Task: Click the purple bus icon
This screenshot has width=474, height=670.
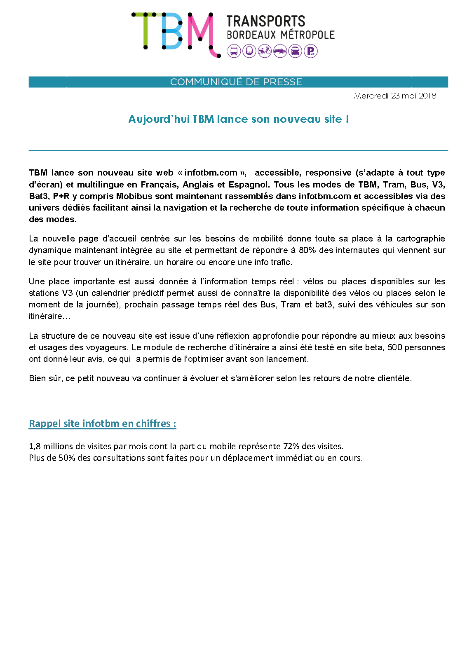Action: (x=234, y=52)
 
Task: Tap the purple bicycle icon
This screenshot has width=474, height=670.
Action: (x=265, y=52)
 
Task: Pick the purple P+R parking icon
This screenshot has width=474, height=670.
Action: (x=310, y=52)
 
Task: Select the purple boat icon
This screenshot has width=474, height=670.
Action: (x=280, y=52)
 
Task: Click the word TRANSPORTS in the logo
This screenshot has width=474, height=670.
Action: (x=265, y=21)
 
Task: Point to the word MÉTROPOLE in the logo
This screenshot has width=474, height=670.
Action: (x=308, y=35)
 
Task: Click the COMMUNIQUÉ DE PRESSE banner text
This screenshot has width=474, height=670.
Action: (x=236, y=82)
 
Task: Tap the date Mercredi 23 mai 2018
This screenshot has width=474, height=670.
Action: (x=395, y=96)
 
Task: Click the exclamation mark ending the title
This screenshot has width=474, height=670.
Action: (x=347, y=119)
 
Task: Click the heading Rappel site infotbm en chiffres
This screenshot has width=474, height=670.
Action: (x=102, y=424)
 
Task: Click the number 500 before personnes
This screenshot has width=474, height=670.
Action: (x=394, y=347)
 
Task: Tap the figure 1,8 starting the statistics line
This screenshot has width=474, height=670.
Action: (x=35, y=446)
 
